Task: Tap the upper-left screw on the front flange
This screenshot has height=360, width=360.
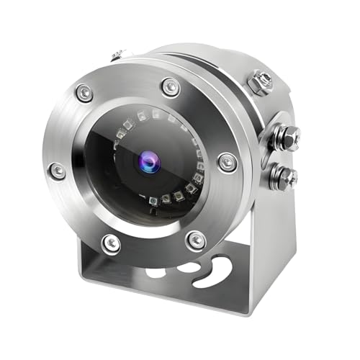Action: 84,92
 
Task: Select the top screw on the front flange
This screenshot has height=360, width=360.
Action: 171,87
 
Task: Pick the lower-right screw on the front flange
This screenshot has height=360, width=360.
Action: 196,240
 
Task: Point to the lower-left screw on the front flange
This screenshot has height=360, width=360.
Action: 111,243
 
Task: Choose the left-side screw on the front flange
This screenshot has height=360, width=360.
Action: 56,171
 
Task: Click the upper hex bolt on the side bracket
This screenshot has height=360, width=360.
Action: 287,135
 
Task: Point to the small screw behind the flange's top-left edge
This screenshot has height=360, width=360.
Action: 117,55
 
